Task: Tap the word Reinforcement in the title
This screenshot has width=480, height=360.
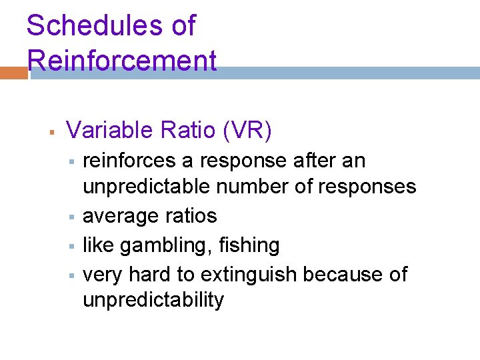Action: point(122,61)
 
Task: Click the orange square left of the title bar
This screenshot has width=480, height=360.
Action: point(14,72)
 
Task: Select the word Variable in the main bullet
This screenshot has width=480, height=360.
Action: point(110,130)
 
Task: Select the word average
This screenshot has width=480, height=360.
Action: point(121,216)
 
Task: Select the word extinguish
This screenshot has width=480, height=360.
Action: point(248,274)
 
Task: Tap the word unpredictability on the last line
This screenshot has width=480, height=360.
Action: point(153,300)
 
